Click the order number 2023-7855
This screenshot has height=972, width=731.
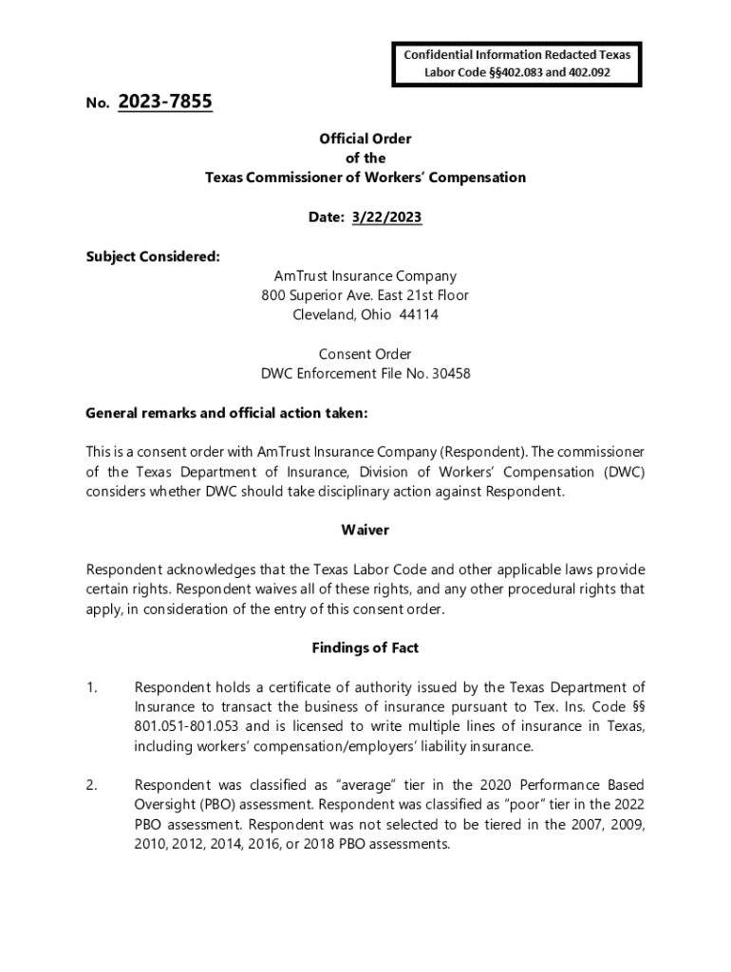tap(165, 102)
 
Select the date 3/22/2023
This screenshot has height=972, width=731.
tap(386, 217)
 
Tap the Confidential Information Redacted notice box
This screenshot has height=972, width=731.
tap(516, 63)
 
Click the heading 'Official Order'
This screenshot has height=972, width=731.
tap(365, 139)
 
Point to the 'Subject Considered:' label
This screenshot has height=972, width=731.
tap(153, 256)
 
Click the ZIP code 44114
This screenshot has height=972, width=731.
tap(419, 314)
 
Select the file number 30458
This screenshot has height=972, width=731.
tap(452, 373)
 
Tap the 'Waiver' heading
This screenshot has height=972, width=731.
tap(365, 530)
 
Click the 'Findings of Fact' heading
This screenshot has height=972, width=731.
tap(365, 648)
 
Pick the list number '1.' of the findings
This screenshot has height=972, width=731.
tap(92, 687)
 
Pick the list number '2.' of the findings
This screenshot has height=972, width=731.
tap(92, 785)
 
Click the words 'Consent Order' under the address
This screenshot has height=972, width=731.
tap(365, 354)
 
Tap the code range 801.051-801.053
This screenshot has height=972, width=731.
tap(189, 726)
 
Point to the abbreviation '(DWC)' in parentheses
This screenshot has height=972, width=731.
tap(622, 472)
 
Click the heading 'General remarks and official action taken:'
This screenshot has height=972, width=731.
tap(226, 413)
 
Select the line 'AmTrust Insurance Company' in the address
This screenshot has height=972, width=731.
tap(365, 276)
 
